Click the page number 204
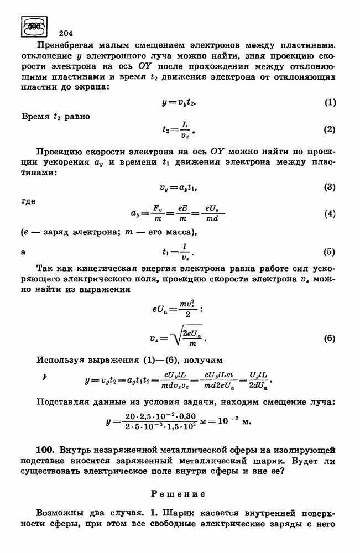tap(66, 32)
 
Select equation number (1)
tap(330, 102)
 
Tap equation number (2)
tap(330, 130)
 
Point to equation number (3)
tap(330, 187)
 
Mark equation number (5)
tap(330, 252)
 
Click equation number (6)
tap(330, 338)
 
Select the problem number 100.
tap(45, 447)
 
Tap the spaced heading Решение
tap(178, 492)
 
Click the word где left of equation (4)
tap(28, 201)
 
